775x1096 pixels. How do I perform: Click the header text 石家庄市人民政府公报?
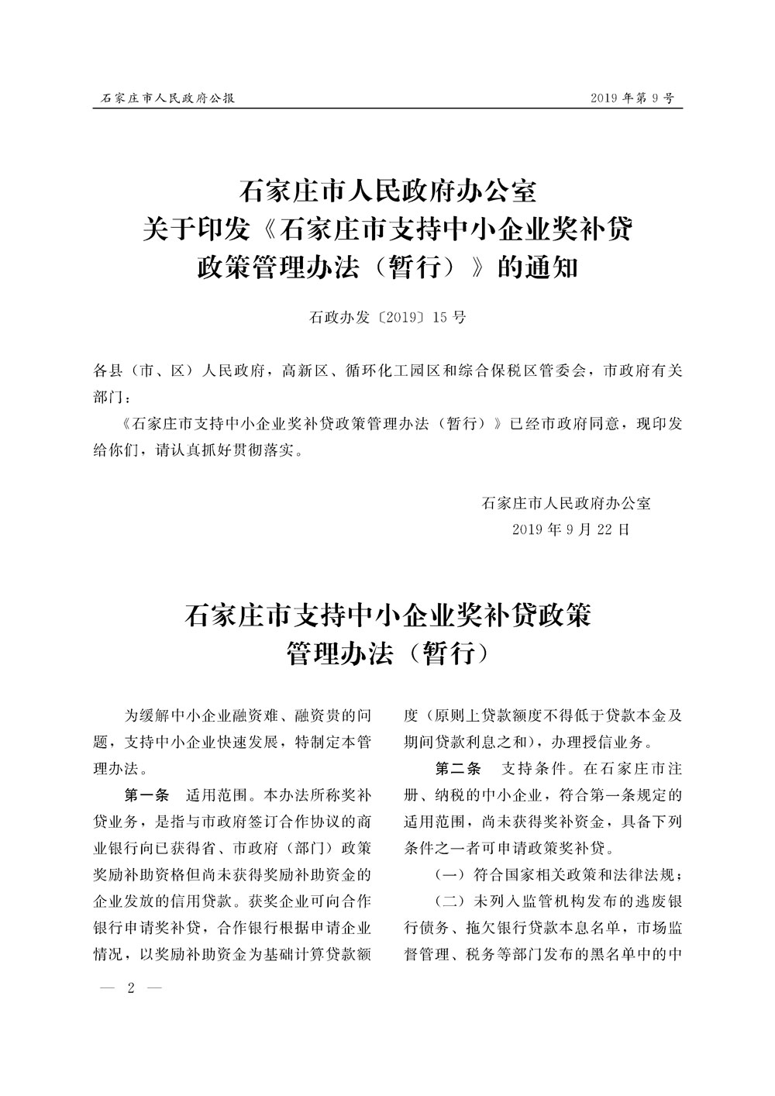pos(168,98)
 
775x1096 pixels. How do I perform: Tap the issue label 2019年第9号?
pos(632,98)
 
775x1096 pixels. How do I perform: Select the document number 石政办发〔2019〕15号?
pos(387,317)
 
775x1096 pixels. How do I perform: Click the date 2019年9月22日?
pos(570,529)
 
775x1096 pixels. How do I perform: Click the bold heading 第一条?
pos(146,794)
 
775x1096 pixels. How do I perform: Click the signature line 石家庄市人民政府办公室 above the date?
pos(566,502)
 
